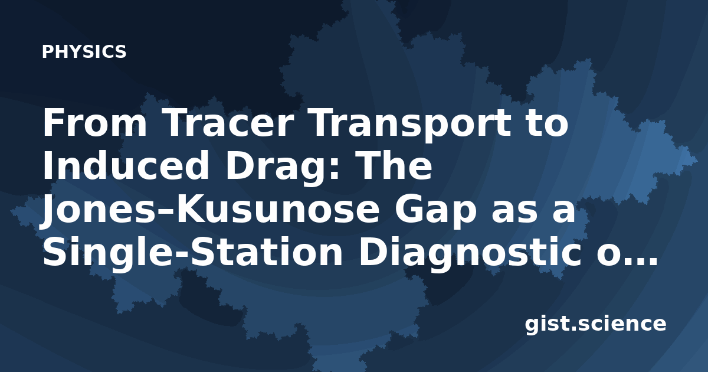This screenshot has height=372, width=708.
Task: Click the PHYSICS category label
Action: (84, 51)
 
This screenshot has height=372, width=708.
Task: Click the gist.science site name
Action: (595, 325)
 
